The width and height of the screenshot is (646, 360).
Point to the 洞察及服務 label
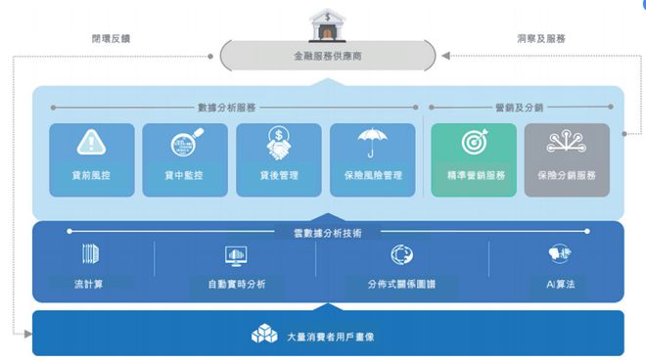(x=540, y=39)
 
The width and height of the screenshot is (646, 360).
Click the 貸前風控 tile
(x=91, y=158)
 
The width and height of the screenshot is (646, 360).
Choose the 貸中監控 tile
(x=184, y=158)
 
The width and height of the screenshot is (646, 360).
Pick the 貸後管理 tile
(x=278, y=158)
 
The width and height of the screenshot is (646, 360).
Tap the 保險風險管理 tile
(x=372, y=158)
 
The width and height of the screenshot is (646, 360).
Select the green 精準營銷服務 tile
(x=474, y=158)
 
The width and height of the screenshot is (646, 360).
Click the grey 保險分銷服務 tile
(x=567, y=158)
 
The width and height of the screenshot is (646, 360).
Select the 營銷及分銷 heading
(x=518, y=107)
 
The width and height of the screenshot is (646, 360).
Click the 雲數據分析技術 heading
(x=327, y=233)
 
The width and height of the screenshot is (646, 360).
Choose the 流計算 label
(x=90, y=284)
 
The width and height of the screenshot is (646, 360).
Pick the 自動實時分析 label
(x=237, y=284)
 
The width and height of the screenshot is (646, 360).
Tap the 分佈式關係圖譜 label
(x=402, y=284)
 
